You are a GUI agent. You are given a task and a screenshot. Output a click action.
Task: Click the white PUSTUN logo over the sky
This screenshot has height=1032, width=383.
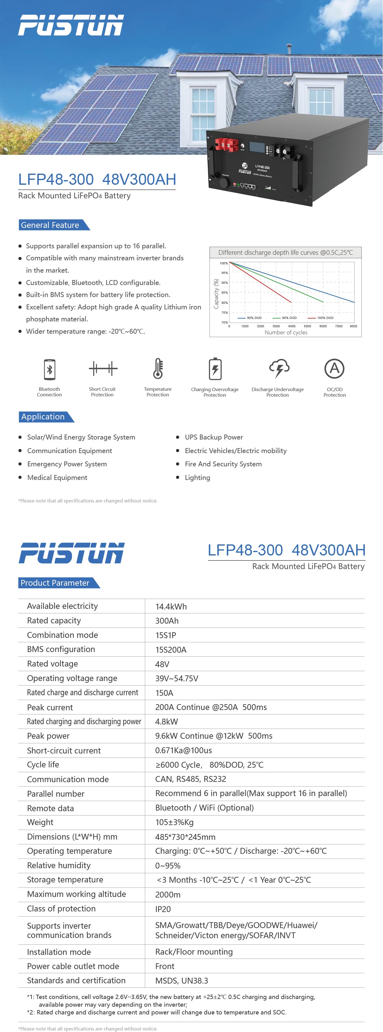(71, 25)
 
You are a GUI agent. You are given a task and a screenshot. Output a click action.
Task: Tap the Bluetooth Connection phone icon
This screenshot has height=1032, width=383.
(49, 369)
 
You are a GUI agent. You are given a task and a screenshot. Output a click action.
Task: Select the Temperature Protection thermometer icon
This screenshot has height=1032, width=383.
(158, 369)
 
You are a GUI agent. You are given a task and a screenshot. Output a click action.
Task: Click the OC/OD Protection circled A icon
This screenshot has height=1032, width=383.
(335, 369)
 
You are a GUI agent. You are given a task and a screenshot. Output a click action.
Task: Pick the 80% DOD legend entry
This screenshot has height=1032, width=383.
(285, 318)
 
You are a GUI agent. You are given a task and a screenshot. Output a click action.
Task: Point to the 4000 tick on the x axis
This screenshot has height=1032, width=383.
(292, 326)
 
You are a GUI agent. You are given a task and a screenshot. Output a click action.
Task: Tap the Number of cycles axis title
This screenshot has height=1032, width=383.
(286, 332)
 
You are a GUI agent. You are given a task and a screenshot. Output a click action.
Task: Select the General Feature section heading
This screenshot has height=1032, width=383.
(50, 225)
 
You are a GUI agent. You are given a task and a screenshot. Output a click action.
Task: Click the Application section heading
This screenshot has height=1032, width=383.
(43, 417)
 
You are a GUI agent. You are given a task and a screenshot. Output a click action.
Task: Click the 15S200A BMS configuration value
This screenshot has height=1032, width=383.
(171, 650)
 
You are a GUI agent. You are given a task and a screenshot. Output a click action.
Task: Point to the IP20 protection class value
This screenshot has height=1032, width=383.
(163, 909)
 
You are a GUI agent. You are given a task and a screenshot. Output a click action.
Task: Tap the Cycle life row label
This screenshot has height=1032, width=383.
(43, 764)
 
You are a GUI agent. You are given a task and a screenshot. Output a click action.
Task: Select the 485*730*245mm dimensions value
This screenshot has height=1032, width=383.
(185, 837)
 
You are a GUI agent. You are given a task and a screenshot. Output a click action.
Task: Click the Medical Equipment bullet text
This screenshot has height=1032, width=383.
(57, 477)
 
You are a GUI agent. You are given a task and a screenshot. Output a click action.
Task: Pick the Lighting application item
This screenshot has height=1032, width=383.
(197, 477)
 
